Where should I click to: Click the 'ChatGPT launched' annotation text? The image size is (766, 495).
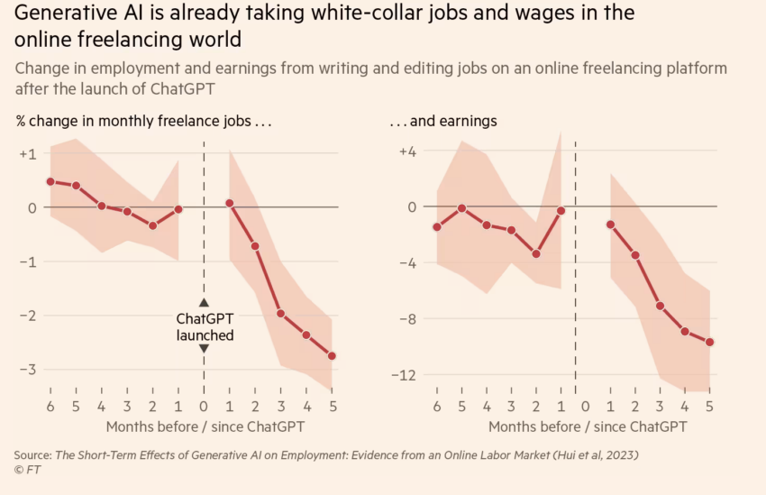(205, 326)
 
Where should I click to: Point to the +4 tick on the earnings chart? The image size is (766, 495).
(407, 151)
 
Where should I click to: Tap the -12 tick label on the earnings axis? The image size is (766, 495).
(406, 374)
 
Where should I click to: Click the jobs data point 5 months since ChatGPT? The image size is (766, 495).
(333, 356)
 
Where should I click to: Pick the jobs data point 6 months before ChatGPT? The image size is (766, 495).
(50, 181)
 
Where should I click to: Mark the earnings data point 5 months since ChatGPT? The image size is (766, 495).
(709, 342)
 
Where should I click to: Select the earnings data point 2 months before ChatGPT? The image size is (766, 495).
(536, 254)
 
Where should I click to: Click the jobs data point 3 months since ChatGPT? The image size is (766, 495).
(281, 314)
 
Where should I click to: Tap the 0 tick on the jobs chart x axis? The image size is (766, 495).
(204, 406)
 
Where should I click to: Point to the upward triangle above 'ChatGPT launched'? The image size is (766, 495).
(205, 303)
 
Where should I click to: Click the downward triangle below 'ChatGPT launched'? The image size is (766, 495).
(205, 349)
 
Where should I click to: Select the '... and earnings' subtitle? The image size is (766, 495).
(442, 120)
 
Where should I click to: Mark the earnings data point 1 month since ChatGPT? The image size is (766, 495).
(610, 225)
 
